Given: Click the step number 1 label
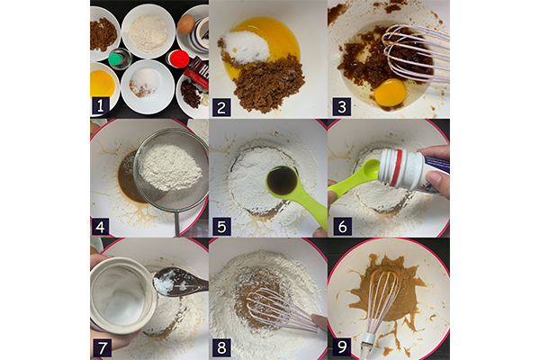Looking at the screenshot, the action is click(x=100, y=106).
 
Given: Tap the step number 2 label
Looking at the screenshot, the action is click(x=221, y=107).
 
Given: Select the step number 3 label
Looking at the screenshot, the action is click(x=341, y=107).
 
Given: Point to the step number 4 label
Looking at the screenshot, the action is click(x=101, y=226).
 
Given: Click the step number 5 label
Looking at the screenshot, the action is click(x=221, y=226).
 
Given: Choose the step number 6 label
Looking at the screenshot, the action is click(x=342, y=226).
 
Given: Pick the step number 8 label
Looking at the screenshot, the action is click(x=221, y=347).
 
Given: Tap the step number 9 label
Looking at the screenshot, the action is click(x=342, y=346).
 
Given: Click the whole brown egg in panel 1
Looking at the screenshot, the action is click(x=186, y=23).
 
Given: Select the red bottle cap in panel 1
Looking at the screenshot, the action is click(x=179, y=58).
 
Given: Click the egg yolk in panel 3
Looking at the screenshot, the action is click(x=391, y=93).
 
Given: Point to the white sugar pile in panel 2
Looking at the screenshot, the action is click(x=245, y=47).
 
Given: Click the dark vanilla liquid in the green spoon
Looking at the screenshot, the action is click(x=283, y=181).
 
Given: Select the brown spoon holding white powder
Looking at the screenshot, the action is click(x=180, y=281).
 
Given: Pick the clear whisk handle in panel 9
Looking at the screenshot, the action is click(x=367, y=346).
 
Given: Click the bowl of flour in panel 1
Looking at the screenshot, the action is click(x=148, y=31).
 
